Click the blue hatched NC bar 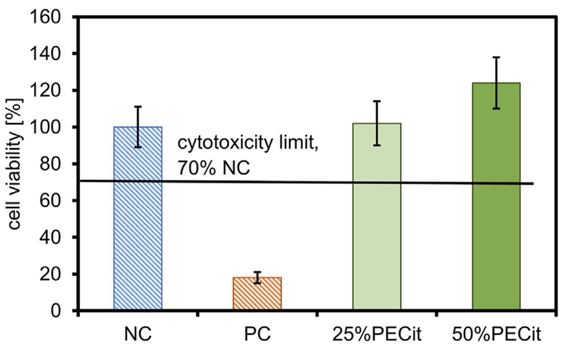coord(138,218)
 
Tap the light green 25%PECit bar coord(377,216)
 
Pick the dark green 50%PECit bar coord(496,196)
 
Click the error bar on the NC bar coord(138,127)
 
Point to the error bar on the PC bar coord(258,277)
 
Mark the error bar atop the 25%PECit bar coord(377,123)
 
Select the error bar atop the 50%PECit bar coord(496,83)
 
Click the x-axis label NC coord(138,334)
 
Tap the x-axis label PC coord(258,334)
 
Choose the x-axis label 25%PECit coord(377,334)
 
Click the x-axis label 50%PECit coord(496,334)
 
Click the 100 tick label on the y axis coord(46,128)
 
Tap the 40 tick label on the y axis coord(50,238)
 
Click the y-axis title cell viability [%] coord(14,164)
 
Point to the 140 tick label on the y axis coord(46,54)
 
